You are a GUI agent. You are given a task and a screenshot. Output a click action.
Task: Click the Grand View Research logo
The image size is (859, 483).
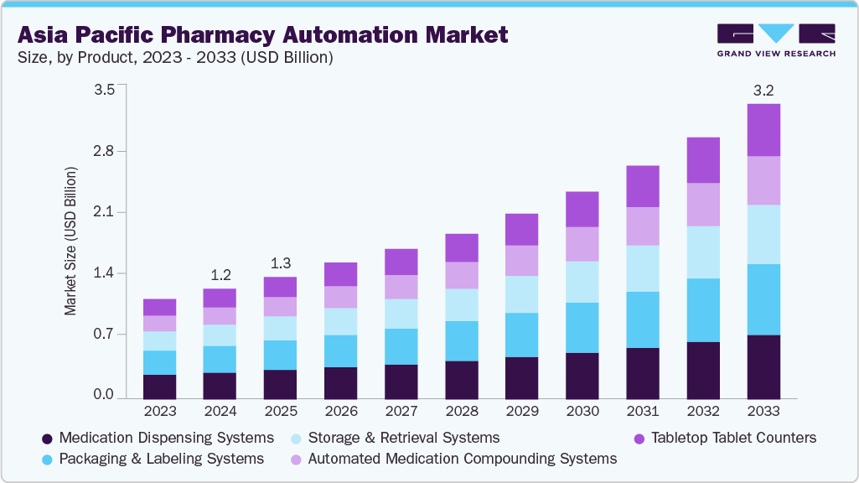(x=776, y=39)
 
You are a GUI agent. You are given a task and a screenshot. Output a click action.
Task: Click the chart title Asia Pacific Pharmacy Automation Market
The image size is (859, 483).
(x=262, y=35)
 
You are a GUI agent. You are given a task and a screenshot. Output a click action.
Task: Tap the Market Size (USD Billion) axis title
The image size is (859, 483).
(x=70, y=241)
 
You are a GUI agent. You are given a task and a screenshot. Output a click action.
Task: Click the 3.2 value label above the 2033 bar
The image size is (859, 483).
(x=763, y=90)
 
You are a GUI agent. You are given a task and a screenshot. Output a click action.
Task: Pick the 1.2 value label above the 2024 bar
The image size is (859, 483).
(x=220, y=274)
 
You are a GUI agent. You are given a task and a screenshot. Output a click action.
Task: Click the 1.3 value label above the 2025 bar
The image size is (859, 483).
(x=280, y=262)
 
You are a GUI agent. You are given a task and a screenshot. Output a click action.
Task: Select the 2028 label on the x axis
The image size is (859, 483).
(x=461, y=412)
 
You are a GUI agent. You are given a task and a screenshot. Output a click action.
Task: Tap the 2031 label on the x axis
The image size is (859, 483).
(x=643, y=412)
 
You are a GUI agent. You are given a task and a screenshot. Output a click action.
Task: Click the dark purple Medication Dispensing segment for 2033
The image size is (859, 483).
(x=763, y=366)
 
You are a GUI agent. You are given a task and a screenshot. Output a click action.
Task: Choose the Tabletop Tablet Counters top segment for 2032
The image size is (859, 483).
(x=703, y=160)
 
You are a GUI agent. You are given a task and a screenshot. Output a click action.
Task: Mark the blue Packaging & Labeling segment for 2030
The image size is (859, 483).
(x=582, y=327)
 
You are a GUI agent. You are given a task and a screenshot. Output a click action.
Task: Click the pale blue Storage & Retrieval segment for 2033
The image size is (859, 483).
(x=763, y=234)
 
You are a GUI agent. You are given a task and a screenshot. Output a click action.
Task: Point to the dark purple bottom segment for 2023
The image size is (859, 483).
(x=159, y=387)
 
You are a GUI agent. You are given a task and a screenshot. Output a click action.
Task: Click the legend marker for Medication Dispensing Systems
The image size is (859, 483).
(x=48, y=439)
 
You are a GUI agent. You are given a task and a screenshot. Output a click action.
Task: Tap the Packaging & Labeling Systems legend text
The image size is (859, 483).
(x=162, y=459)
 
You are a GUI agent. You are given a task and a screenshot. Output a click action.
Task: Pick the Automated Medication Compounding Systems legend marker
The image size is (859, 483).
(x=297, y=460)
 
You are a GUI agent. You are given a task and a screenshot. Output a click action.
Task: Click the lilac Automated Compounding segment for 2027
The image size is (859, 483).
(x=401, y=287)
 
